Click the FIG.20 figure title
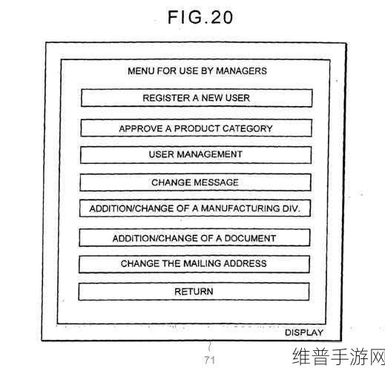click(x=200, y=17)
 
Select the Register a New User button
click(x=197, y=98)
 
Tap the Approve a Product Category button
click(x=196, y=128)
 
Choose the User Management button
click(x=196, y=155)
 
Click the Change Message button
click(x=195, y=183)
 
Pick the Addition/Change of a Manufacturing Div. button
click(x=195, y=209)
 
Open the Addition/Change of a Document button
click(x=194, y=238)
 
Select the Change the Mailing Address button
click(x=194, y=264)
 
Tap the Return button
click(x=194, y=292)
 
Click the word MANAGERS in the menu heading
click(x=242, y=71)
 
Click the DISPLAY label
click(x=304, y=332)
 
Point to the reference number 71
click(x=209, y=360)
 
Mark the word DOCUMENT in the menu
click(x=250, y=238)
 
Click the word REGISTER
click(x=166, y=98)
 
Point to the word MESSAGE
click(x=216, y=183)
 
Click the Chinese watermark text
click(x=338, y=356)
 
